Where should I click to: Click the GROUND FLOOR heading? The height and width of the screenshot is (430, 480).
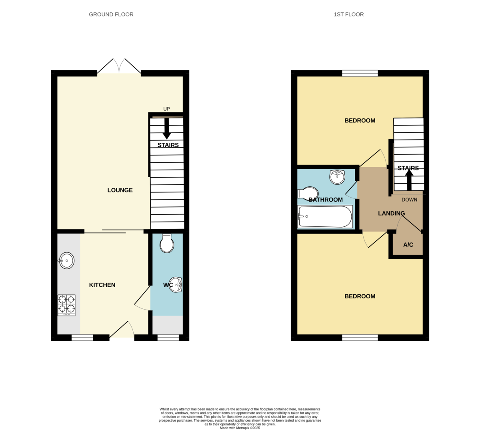point(111,14)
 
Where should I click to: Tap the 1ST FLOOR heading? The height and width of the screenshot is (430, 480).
point(349,14)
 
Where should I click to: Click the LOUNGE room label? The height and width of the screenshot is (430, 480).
point(120,190)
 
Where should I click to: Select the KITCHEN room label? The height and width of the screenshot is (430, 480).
point(102,285)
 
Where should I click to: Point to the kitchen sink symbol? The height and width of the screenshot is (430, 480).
point(67,261)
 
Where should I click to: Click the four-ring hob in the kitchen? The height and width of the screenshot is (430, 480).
point(66,305)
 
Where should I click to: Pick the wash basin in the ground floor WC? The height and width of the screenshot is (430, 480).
point(176,284)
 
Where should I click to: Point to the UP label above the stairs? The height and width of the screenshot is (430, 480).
point(166,109)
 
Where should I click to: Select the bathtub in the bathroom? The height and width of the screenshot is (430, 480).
point(325,217)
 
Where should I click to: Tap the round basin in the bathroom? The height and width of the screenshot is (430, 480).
point(337,176)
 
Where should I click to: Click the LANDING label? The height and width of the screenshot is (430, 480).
point(392,214)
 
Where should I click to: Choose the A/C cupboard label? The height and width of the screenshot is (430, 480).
point(408,245)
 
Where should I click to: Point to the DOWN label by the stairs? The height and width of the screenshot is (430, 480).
point(409,200)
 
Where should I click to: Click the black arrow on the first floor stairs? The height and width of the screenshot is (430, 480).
point(409,180)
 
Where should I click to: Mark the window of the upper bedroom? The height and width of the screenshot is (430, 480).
point(360,73)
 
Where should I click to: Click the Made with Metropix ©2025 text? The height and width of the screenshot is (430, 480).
point(240,428)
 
